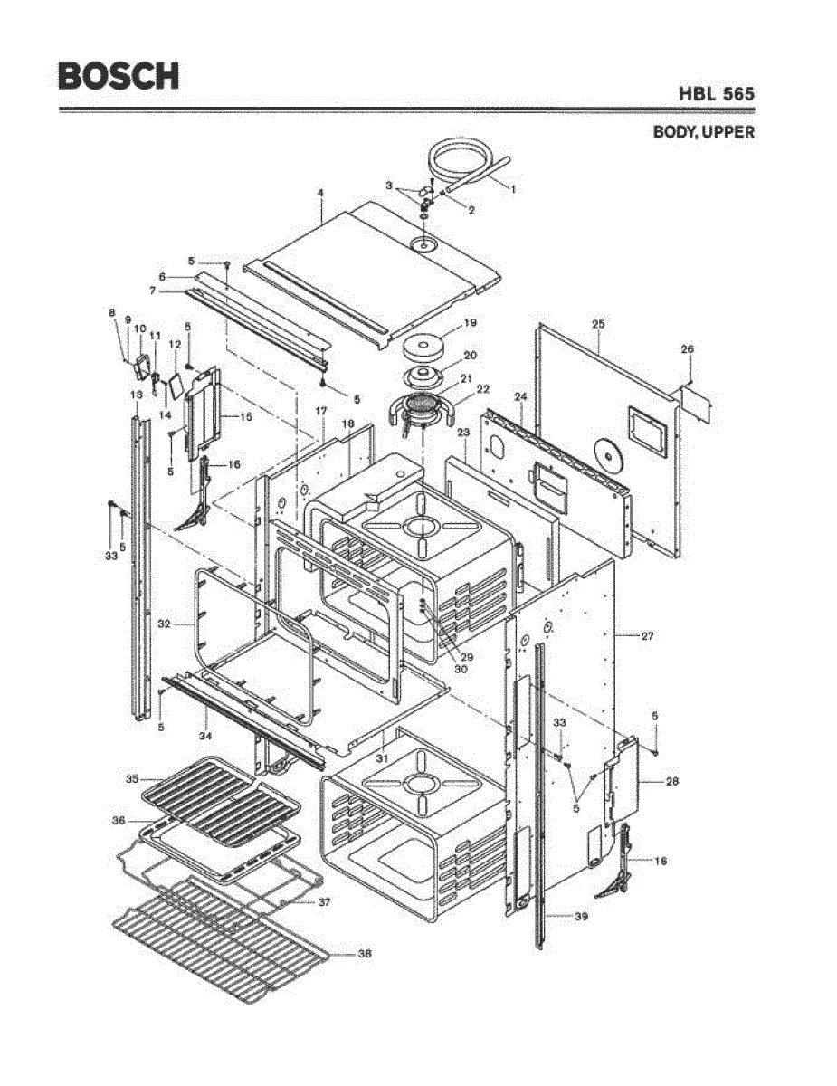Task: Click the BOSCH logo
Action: click(x=119, y=75)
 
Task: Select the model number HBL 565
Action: click(x=716, y=93)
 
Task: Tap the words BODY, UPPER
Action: click(x=704, y=132)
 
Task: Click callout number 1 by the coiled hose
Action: click(x=514, y=189)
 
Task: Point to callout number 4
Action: click(x=320, y=193)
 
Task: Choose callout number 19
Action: click(x=470, y=322)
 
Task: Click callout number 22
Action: click(x=482, y=389)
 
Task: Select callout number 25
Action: click(x=598, y=323)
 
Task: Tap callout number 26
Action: click(x=687, y=348)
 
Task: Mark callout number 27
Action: click(x=647, y=637)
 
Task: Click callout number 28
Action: click(x=671, y=781)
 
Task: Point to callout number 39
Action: click(x=581, y=918)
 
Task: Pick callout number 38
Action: click(x=364, y=954)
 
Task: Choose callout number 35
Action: click(x=131, y=778)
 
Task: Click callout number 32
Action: click(x=164, y=624)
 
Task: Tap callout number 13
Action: click(x=137, y=395)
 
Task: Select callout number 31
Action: click(x=382, y=757)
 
